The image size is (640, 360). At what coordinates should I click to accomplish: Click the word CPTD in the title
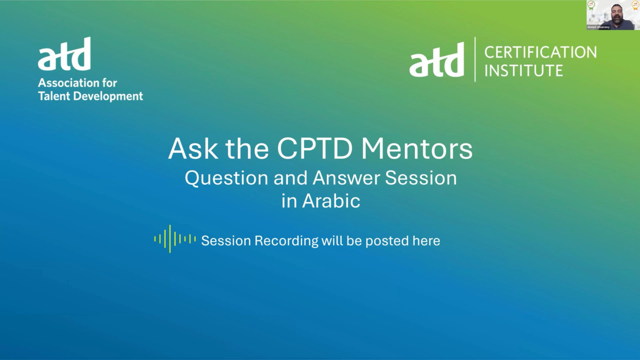tap(314, 149)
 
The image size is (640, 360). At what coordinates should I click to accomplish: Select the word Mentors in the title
tap(417, 149)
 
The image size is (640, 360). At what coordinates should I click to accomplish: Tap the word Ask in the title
tap(192, 149)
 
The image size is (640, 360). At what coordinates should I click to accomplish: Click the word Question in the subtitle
tap(226, 178)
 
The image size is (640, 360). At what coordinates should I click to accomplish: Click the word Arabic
tap(331, 201)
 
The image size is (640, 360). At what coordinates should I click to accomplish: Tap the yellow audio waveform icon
tap(175, 239)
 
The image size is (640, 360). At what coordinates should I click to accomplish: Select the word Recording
tap(286, 241)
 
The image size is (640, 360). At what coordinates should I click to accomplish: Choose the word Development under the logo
tap(108, 96)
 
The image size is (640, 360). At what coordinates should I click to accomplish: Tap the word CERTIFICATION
tap(540, 52)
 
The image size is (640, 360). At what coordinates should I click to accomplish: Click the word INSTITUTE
tap(523, 70)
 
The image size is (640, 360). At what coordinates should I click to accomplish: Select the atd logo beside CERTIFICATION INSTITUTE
tap(436, 59)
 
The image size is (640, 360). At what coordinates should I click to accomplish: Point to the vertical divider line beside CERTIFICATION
tap(475, 59)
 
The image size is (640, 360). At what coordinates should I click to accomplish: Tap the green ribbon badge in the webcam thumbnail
tap(591, 5)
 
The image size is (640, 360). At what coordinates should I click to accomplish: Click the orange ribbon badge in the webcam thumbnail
tap(635, 5)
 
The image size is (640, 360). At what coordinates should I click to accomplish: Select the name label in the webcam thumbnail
tap(598, 27)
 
